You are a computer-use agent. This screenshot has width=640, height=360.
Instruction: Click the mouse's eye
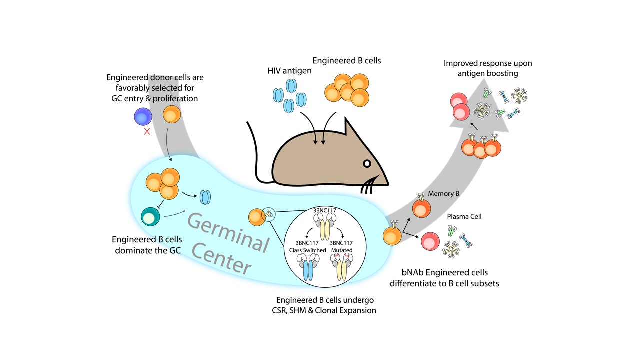pyautogui.click(x=367, y=163)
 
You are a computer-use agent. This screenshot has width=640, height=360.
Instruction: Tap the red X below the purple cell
pyautogui.click(x=147, y=132)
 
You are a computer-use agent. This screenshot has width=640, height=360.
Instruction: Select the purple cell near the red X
pyautogui.click(x=143, y=117)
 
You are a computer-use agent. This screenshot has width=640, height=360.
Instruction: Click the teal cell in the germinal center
pyautogui.click(x=150, y=216)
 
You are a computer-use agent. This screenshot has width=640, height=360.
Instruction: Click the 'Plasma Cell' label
pyautogui.click(x=461, y=217)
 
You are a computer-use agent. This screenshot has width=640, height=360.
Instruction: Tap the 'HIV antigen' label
pyautogui.click(x=289, y=71)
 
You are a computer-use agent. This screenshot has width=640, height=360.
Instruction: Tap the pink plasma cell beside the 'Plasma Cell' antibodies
pyautogui.click(x=430, y=242)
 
